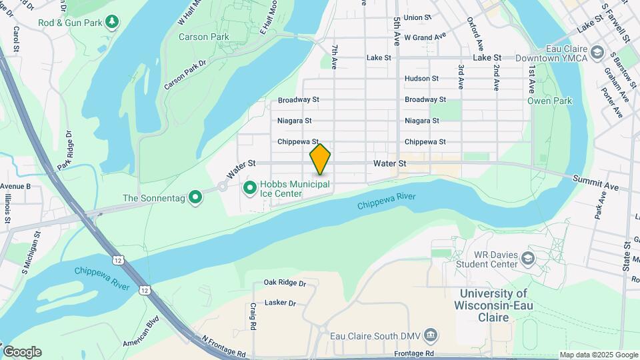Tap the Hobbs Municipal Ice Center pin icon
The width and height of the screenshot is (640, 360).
(x=250, y=189)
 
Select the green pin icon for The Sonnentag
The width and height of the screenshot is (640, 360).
(x=195, y=197)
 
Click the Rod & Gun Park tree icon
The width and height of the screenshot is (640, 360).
(x=112, y=23)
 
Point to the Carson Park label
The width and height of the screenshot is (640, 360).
(x=204, y=37)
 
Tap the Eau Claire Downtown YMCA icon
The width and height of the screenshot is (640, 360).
(x=597, y=53)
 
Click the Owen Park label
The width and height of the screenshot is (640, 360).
(x=549, y=101)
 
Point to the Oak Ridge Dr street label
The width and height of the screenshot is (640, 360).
(x=285, y=283)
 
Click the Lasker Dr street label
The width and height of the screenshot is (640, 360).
(x=280, y=303)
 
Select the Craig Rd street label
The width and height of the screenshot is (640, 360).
(x=253, y=316)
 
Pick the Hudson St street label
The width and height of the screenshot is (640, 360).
(x=421, y=78)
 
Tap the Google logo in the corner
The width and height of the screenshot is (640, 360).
(x=22, y=352)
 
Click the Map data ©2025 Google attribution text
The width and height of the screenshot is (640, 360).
(x=598, y=355)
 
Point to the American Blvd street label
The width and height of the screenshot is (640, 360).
(x=141, y=337)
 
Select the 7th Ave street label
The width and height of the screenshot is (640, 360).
(x=334, y=57)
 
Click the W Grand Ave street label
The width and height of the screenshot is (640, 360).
(x=425, y=37)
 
